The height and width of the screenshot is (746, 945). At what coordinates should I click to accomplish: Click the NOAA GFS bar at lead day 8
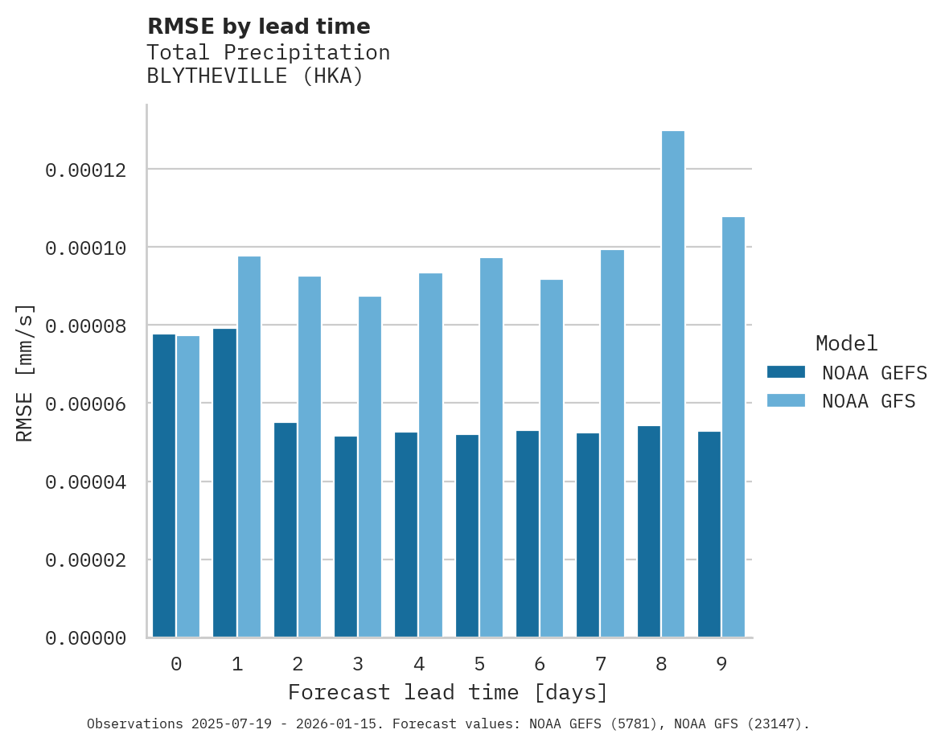[673, 384]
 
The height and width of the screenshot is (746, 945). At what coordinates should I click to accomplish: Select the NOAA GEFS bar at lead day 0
[164, 486]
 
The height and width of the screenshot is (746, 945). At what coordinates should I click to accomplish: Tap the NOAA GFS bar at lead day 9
[733, 427]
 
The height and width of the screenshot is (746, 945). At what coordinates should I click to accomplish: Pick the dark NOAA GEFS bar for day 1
[224, 482]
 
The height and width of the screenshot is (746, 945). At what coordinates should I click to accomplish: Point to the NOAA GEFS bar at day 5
[467, 535]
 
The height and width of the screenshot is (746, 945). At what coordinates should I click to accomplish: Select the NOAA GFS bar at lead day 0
[188, 486]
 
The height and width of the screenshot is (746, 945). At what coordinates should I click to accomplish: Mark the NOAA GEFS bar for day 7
[588, 535]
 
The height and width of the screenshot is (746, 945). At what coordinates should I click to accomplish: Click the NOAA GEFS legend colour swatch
[786, 371]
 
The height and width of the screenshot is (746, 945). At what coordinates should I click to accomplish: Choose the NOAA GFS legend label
[869, 400]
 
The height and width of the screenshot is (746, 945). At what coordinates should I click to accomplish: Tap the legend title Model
[846, 343]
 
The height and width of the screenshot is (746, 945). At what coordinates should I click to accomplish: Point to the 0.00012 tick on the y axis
[85, 170]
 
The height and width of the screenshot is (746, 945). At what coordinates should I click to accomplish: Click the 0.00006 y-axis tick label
[85, 404]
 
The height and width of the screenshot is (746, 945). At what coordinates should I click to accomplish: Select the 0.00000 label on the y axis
[85, 638]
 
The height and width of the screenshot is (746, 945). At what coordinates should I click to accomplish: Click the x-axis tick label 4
[419, 664]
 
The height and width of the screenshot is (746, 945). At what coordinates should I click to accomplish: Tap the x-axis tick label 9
[721, 664]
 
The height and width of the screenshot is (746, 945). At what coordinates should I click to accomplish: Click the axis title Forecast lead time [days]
[448, 692]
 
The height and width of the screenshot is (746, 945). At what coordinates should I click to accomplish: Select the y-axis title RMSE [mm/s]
[25, 373]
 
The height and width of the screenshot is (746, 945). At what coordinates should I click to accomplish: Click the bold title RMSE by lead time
[258, 27]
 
